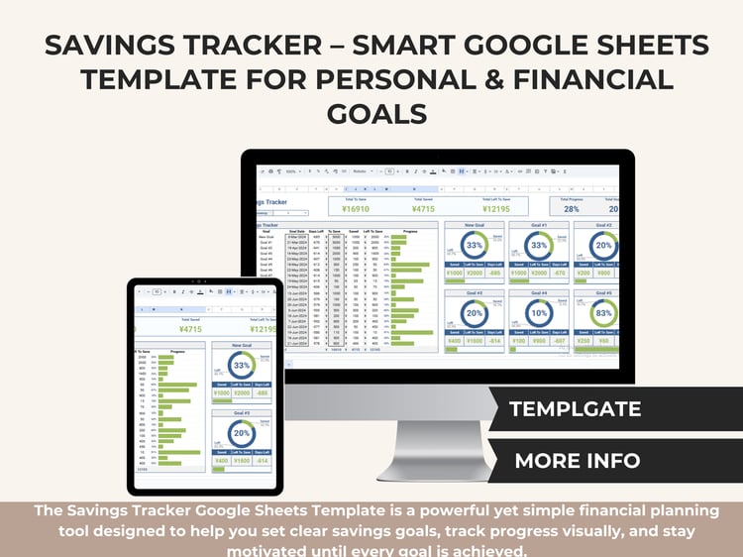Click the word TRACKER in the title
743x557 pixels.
pos(298,45)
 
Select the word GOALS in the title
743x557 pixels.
pos(371,114)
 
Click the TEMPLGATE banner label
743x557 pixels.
pos(575,408)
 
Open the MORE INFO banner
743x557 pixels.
pos(578,460)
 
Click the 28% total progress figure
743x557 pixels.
pos(571,208)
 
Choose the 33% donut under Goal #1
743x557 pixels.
pos(539,246)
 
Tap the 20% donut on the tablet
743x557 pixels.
pos(241,434)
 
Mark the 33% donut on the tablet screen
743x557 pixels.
pos(241,366)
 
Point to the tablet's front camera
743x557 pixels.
pos(205,282)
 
